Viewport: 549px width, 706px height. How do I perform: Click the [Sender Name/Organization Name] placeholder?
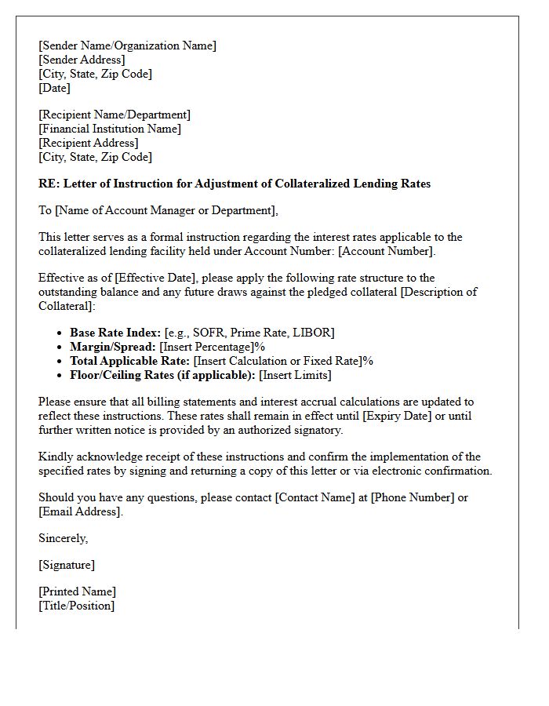coord(127,45)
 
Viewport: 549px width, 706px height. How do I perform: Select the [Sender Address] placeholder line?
coord(82,60)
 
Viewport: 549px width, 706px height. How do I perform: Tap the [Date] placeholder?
coord(54,88)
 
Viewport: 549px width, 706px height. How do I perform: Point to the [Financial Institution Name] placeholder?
coord(110,129)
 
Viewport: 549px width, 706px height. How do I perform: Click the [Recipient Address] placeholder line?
coord(88,143)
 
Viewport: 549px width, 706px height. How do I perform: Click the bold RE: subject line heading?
coord(235,184)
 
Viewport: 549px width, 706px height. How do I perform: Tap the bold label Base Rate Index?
coord(115,333)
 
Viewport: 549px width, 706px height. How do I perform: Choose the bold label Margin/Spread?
coord(113,347)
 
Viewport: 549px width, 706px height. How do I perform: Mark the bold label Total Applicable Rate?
coord(129,361)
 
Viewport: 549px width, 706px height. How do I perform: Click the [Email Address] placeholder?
coord(80,511)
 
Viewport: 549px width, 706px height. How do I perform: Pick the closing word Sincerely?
coord(63,538)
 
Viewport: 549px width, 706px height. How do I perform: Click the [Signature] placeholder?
coord(67,565)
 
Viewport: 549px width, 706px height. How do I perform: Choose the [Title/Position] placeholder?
coord(76,606)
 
